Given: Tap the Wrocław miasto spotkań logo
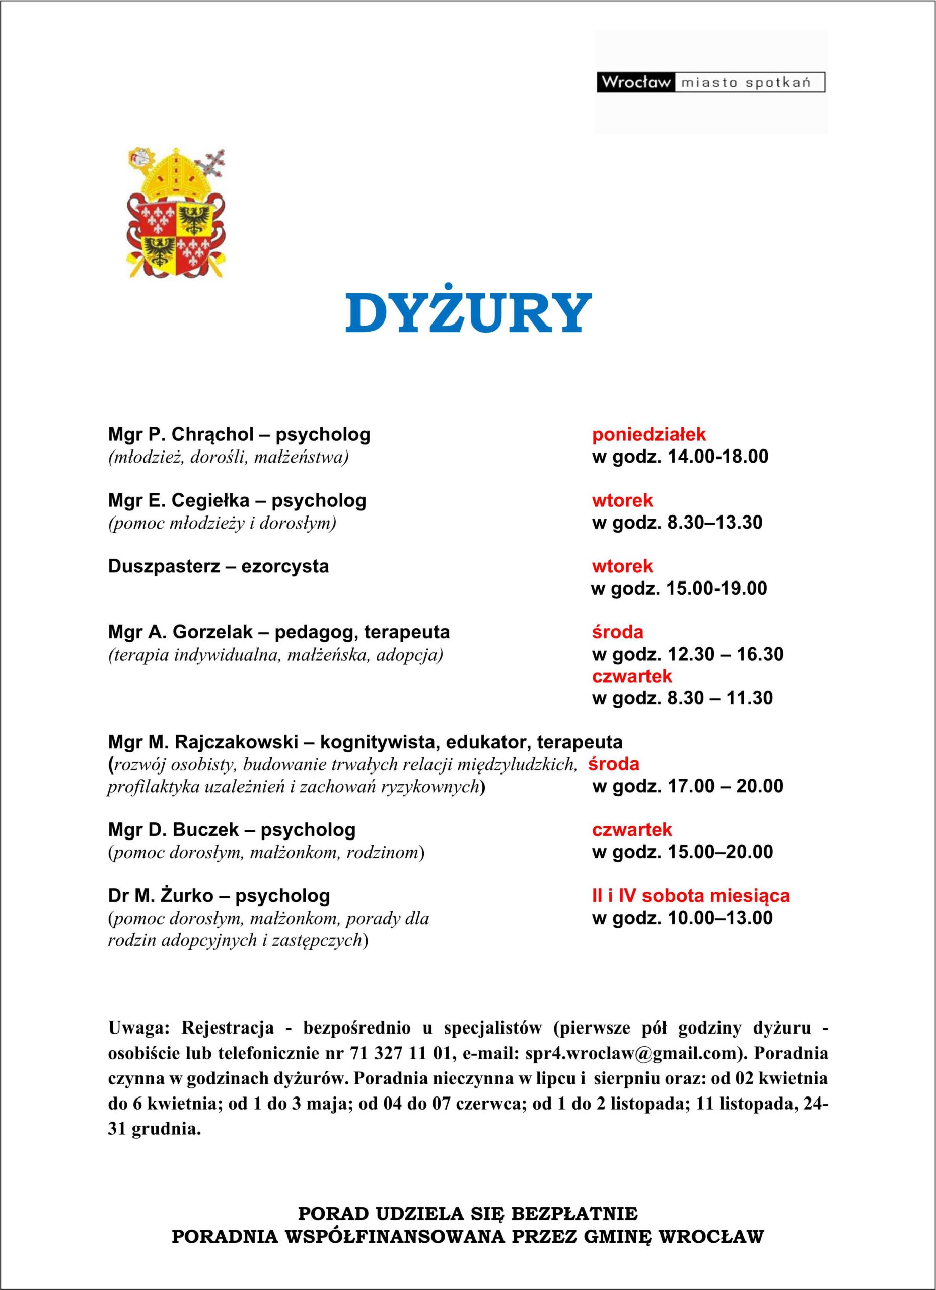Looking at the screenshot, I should click(710, 82).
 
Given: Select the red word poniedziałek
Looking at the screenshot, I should click(649, 434).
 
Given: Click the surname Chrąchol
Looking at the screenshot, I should click(212, 434).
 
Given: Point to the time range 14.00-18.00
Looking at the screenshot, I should click(718, 456).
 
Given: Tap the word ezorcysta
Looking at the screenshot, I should click(284, 566).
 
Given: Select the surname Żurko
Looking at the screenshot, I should click(182, 896).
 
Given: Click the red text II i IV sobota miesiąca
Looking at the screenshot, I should click(690, 896).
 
